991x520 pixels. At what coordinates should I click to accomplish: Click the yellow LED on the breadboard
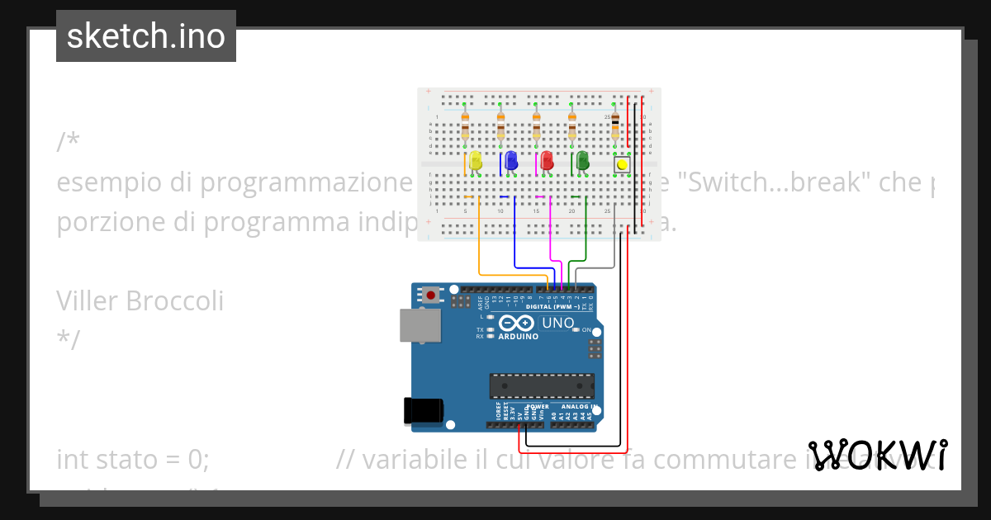(476, 161)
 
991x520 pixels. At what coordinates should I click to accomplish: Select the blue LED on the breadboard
(511, 161)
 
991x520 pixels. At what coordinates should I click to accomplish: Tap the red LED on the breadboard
(547, 161)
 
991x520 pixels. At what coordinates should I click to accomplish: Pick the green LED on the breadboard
(582, 161)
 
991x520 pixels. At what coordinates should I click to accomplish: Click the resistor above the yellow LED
(465, 126)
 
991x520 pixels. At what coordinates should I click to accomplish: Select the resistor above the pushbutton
(615, 126)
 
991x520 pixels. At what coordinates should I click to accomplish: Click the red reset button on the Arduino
(431, 294)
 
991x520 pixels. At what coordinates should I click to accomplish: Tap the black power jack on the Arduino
(423, 410)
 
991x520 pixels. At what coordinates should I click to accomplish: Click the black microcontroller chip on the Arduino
(542, 385)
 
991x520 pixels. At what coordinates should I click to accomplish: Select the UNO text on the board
(558, 323)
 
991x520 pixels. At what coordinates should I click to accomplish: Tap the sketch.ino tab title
(146, 36)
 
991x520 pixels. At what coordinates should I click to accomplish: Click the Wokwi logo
(878, 455)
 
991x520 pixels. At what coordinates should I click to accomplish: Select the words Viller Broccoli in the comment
(140, 301)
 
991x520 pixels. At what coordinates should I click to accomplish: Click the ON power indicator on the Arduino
(586, 330)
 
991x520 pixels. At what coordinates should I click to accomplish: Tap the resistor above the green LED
(571, 126)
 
